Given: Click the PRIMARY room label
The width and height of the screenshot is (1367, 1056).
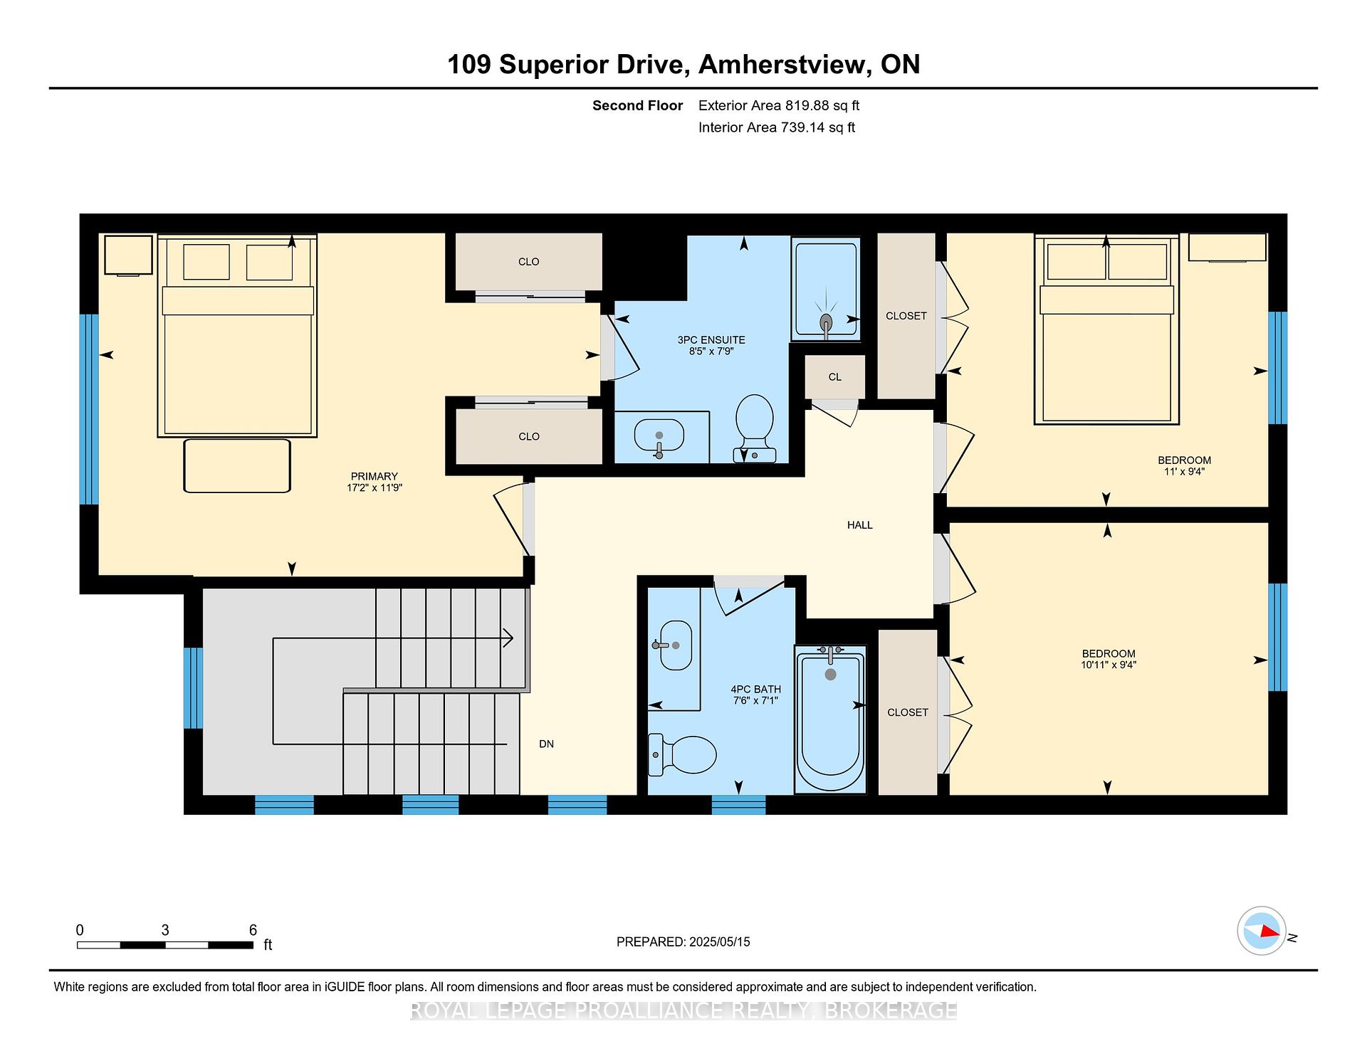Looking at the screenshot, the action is tap(374, 476).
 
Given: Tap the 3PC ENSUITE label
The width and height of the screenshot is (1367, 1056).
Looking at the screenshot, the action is tap(711, 339).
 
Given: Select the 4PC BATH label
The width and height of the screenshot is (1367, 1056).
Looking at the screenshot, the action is tap(755, 689).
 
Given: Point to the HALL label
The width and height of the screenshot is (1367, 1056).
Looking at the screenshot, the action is tap(859, 525).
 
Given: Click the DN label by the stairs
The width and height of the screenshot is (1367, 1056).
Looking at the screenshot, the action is tap(546, 744).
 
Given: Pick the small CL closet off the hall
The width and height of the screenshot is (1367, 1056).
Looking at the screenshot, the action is tap(835, 377).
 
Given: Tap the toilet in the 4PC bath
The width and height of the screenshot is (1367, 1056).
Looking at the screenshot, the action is tap(682, 754).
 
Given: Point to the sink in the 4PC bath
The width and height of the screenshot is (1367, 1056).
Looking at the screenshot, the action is tap(675, 645).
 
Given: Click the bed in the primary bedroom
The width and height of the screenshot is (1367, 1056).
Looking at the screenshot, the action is tap(237, 336).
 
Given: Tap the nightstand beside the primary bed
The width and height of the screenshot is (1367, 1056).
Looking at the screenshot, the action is tap(128, 255).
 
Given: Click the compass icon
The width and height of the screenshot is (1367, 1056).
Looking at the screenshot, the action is tap(1262, 931).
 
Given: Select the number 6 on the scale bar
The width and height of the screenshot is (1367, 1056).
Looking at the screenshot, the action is tap(253, 930).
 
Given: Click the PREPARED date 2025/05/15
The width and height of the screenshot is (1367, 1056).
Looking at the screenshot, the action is tap(719, 941).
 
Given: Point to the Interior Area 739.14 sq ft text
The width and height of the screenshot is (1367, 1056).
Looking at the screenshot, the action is tap(777, 127).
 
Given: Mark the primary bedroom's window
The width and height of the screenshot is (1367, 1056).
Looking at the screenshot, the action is tap(89, 409).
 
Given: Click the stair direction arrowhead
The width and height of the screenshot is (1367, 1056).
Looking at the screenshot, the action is tap(508, 638).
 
